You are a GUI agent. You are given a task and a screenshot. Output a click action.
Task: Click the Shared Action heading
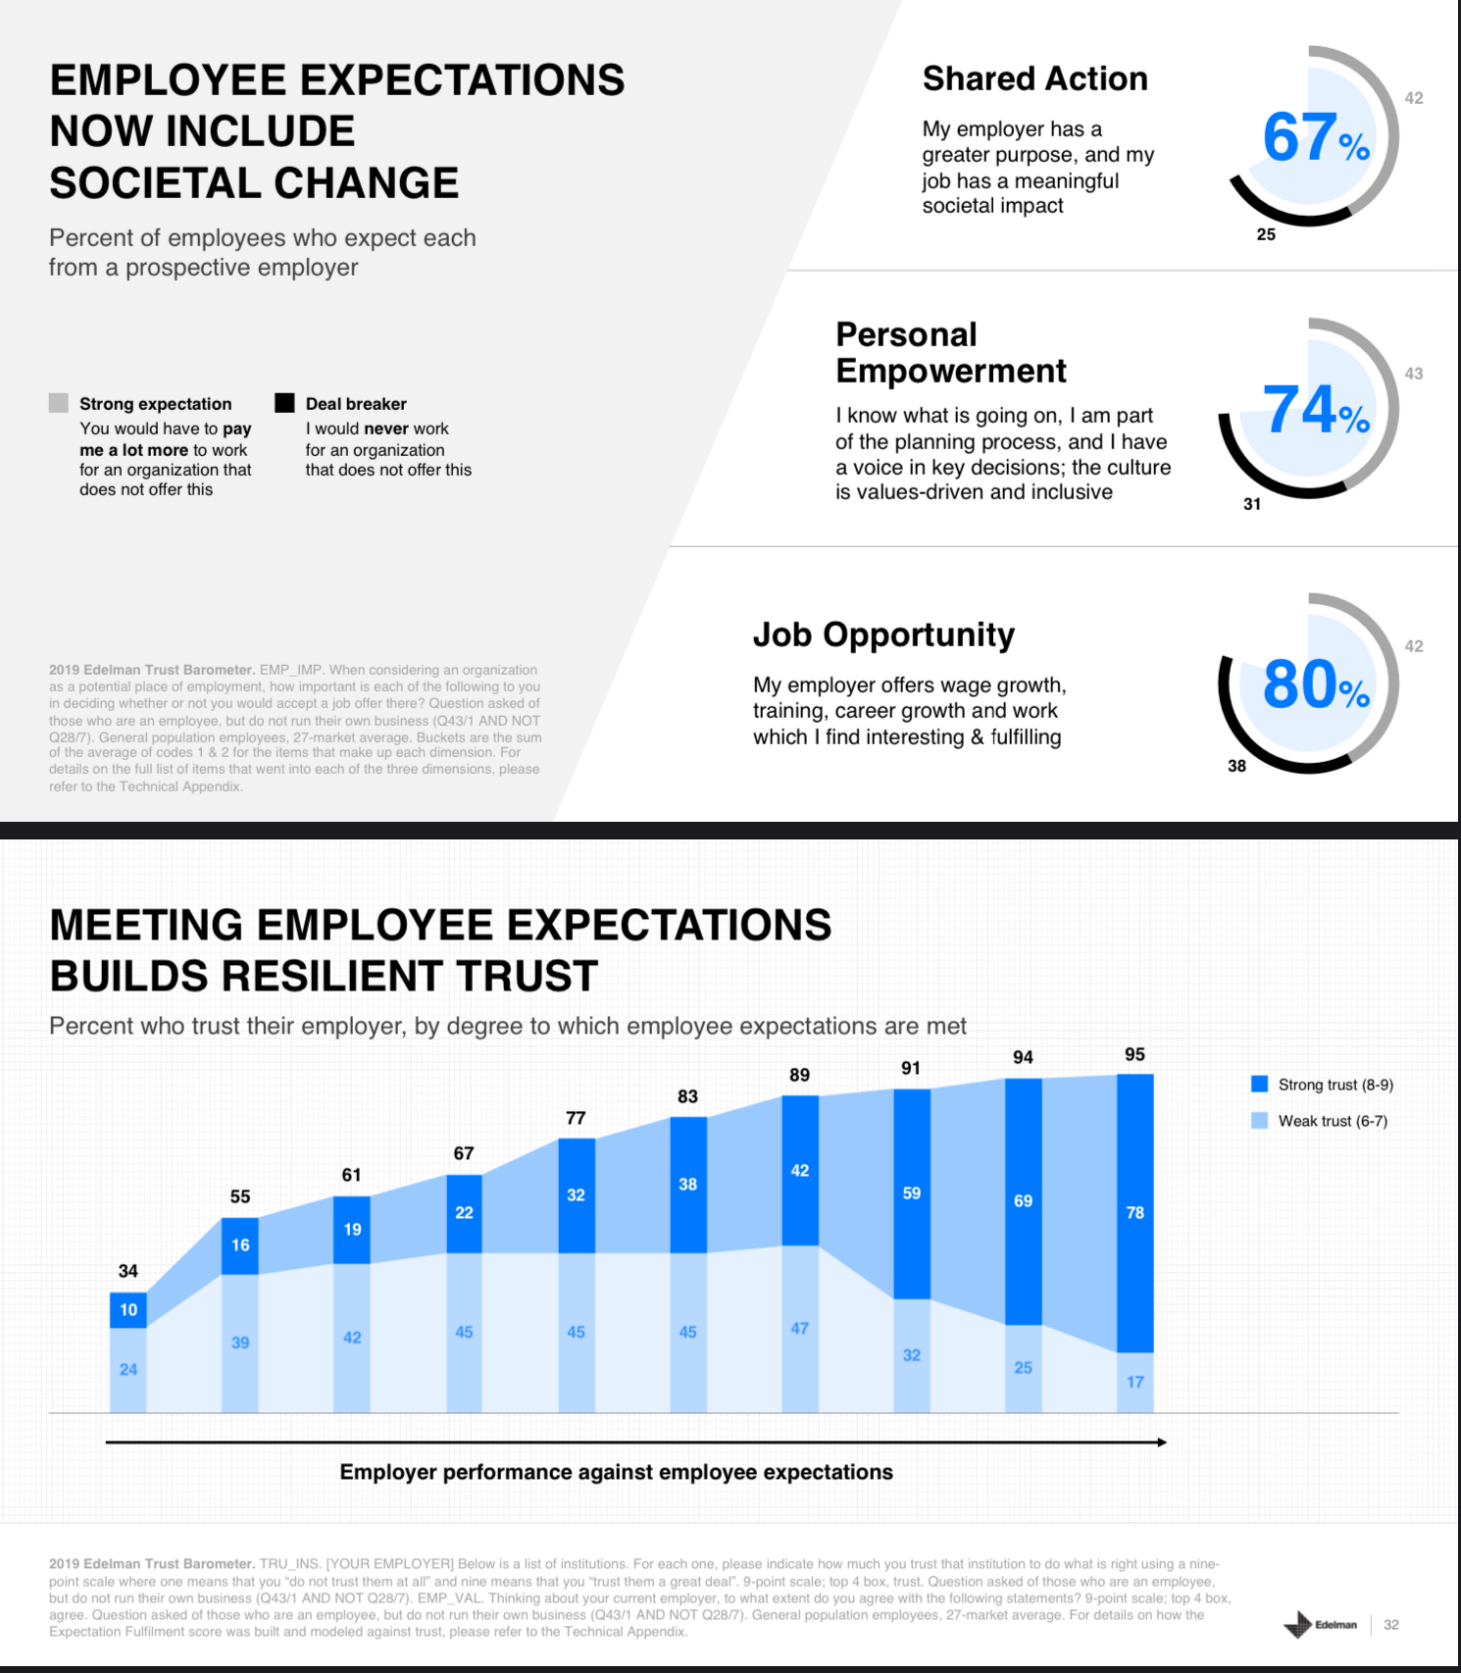click(1034, 78)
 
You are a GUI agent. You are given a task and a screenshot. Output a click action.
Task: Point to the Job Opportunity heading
click(883, 634)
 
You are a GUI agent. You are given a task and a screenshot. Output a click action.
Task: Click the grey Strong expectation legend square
click(59, 403)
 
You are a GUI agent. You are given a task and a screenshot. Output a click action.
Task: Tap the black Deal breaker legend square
click(284, 403)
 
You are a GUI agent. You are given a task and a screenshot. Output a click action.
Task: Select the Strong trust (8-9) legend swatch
click(1260, 1084)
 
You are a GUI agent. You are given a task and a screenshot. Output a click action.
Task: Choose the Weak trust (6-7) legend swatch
click(1260, 1120)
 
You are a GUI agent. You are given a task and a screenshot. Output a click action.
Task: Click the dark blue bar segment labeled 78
click(1134, 1213)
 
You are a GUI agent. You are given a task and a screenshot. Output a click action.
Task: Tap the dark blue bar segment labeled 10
click(128, 1310)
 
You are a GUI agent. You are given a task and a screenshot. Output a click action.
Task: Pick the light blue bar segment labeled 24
click(128, 1370)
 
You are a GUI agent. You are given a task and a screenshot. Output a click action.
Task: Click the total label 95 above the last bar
click(1134, 1054)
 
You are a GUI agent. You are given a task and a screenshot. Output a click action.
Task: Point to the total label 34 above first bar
click(128, 1271)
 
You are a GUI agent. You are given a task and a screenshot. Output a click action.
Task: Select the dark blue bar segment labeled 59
click(912, 1193)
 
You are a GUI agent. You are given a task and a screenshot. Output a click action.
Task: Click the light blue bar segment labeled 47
click(800, 1329)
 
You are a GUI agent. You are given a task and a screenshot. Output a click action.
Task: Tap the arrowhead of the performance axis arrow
click(1162, 1443)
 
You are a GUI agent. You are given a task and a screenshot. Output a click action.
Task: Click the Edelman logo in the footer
click(1320, 1625)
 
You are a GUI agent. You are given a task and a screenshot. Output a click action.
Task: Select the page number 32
click(1391, 1625)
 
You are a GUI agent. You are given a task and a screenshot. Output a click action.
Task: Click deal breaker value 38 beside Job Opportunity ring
click(1237, 766)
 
